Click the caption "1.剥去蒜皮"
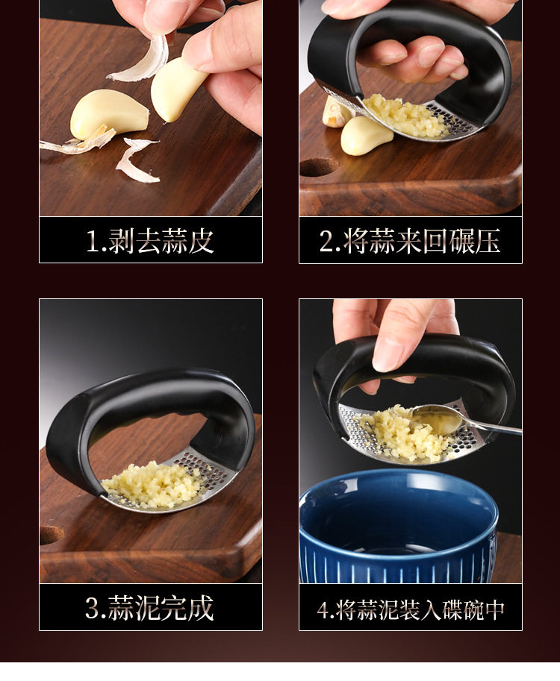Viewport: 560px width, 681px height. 150,241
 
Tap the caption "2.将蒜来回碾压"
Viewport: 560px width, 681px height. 410,241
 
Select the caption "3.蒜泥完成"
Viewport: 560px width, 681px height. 149,608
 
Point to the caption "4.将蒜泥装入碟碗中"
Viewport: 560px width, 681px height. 411,609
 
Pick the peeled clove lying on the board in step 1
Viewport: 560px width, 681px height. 109,114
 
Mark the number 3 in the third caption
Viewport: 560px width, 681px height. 93,608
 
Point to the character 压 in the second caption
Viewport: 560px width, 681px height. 488,241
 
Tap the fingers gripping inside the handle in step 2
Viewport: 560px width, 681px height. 413,61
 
